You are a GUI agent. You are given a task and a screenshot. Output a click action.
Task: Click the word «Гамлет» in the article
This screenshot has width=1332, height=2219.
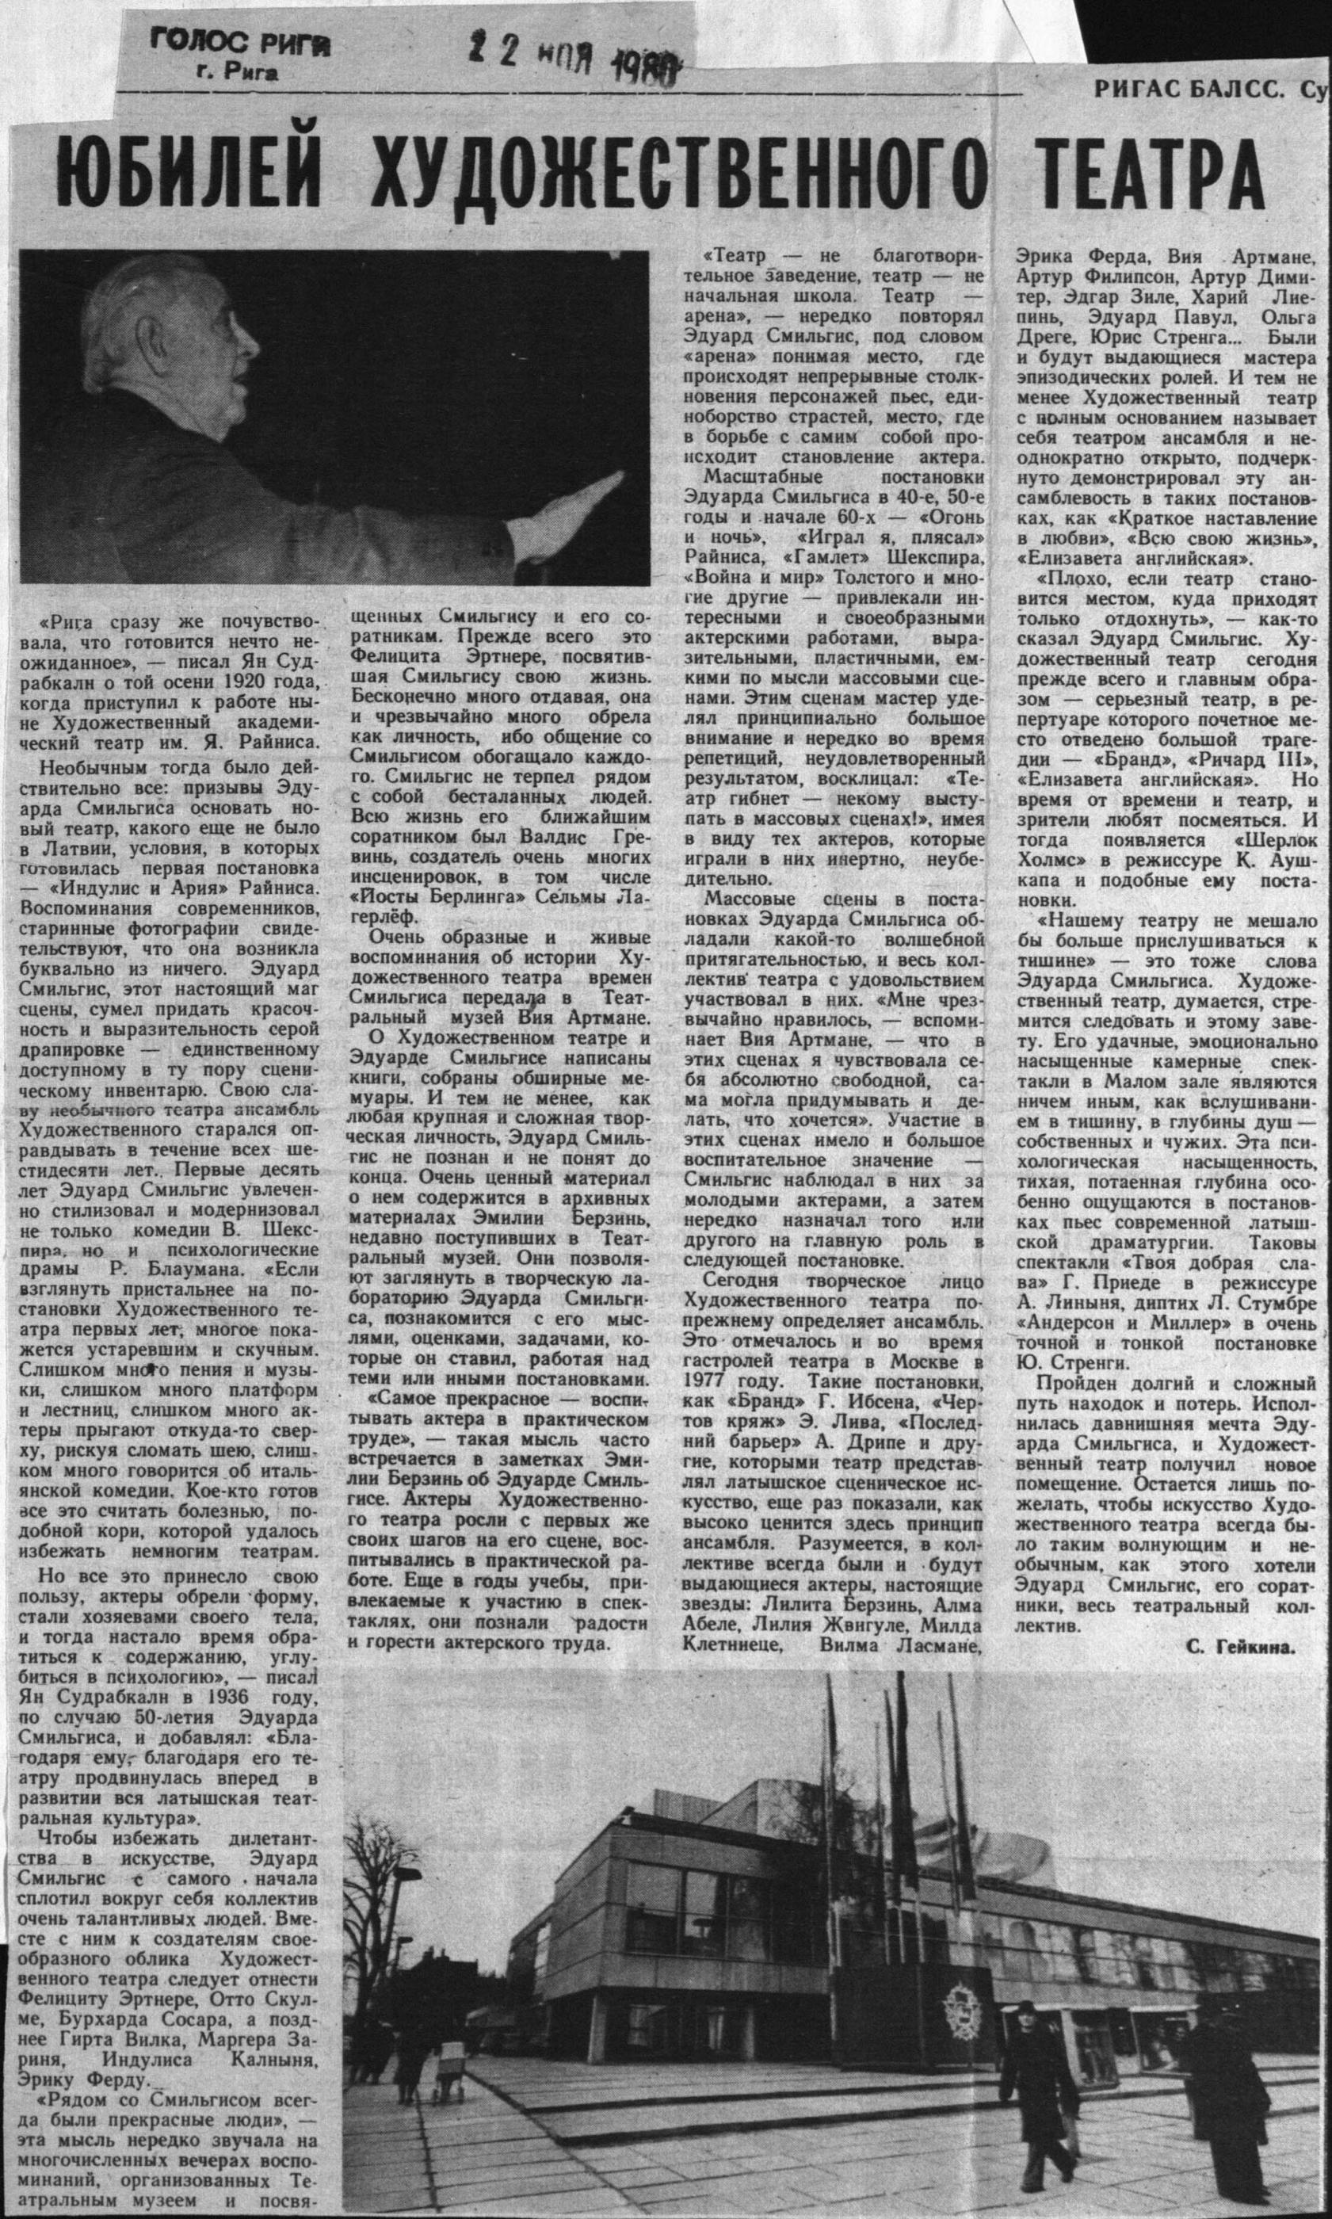click(x=830, y=556)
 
